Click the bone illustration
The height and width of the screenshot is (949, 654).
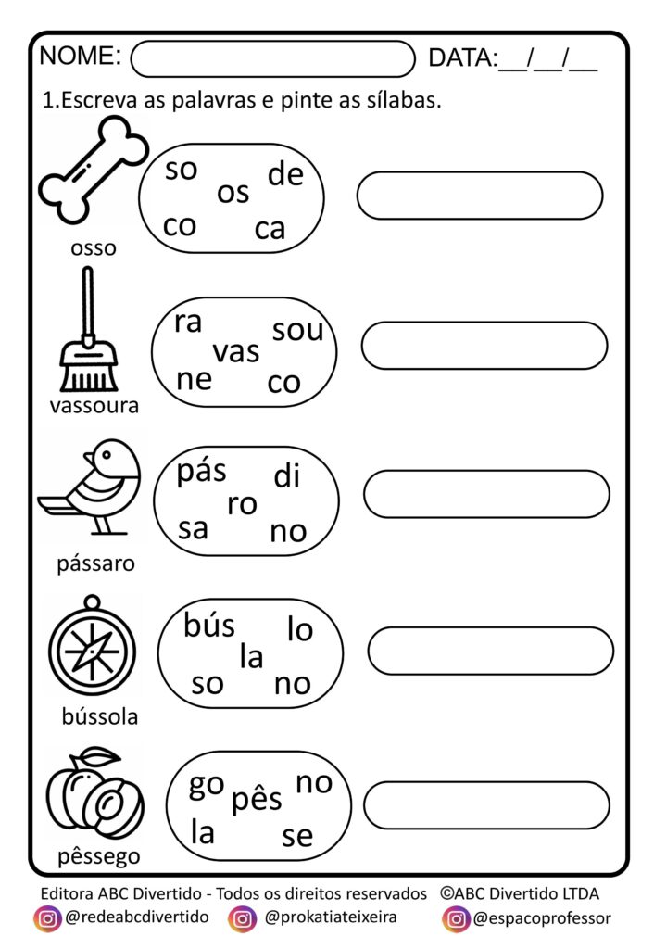tap(94, 182)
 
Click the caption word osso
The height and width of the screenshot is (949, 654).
tap(94, 248)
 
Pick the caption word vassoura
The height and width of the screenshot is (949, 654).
tap(94, 405)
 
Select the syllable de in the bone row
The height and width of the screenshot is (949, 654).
tap(284, 173)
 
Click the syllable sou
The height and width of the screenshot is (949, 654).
tap(297, 329)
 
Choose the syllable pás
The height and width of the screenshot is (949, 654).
tap(202, 472)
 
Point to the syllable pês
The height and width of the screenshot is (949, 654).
tap(257, 798)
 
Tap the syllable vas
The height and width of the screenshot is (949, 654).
tap(236, 352)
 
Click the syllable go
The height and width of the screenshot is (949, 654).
tap(206, 785)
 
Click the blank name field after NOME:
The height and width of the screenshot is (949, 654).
tap(273, 58)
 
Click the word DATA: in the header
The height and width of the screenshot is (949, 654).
tap(462, 58)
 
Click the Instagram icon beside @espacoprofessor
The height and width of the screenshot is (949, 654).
tap(456, 918)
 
